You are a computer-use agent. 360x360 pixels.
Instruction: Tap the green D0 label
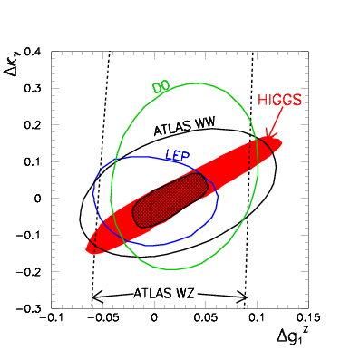pyautogui.click(x=161, y=87)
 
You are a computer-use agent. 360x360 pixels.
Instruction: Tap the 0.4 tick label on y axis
pyautogui.click(x=37, y=52)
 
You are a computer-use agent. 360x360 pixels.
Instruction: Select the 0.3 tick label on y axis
pyautogui.click(x=37, y=88)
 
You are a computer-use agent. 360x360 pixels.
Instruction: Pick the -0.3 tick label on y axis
pyautogui.click(x=34, y=308)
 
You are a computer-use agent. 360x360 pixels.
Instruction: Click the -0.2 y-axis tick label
pyautogui.click(x=34, y=272)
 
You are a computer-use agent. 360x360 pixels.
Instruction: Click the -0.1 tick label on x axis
pyautogui.click(x=54, y=318)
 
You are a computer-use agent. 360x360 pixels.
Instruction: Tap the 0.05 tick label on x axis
pyautogui.click(x=206, y=318)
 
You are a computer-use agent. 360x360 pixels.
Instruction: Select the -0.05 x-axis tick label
pyautogui.click(x=103, y=318)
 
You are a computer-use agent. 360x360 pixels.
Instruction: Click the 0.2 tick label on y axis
pyautogui.click(x=37, y=125)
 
